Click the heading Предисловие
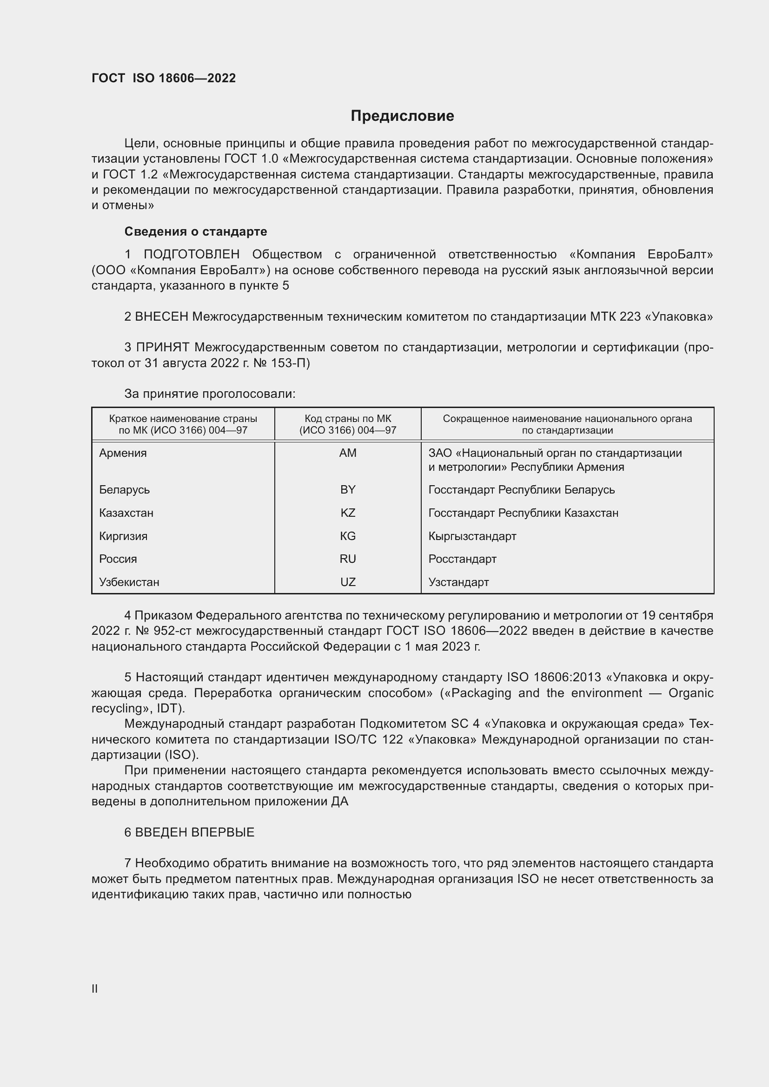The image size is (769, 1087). point(402,116)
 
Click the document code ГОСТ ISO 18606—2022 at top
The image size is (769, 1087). point(163,78)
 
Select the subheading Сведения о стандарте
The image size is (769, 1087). point(196,231)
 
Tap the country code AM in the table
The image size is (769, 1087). point(348,453)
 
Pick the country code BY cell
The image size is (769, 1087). point(348,489)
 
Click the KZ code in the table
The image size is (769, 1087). point(348,513)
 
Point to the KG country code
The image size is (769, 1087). point(348,536)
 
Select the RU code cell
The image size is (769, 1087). point(348,559)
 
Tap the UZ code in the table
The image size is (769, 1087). point(348,582)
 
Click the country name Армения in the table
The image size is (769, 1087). point(123,453)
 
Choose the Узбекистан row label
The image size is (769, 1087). point(129,582)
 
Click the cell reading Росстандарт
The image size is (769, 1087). point(462,559)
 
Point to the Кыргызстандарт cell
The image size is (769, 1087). point(472,536)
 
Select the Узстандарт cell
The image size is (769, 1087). point(458,582)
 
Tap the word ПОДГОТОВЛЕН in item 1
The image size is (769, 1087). point(192,255)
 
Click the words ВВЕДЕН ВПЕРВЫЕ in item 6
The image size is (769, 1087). point(195,832)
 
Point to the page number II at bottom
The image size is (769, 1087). point(95,988)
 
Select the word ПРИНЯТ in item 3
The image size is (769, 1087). point(162,348)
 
